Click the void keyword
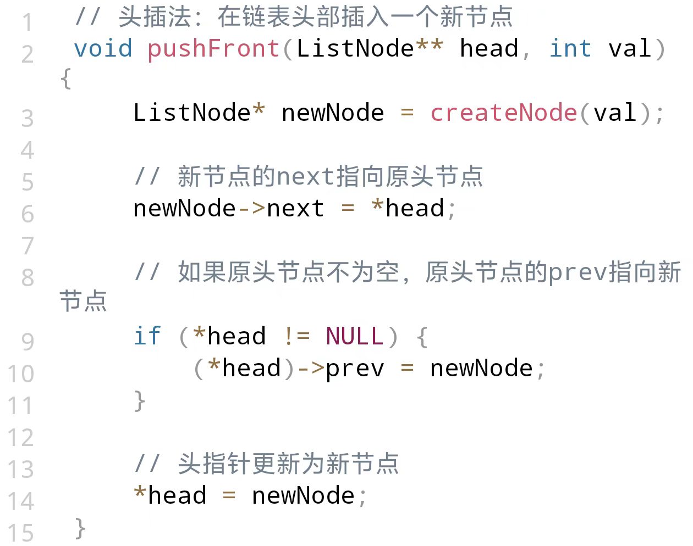(x=103, y=49)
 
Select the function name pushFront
(x=213, y=49)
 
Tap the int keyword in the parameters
(x=570, y=49)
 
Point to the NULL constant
(x=354, y=336)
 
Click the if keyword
(x=147, y=336)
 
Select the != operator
(x=296, y=336)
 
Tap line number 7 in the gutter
(x=28, y=246)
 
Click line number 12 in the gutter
(x=21, y=437)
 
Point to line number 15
(x=21, y=533)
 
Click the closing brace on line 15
(x=80, y=528)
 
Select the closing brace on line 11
(x=140, y=401)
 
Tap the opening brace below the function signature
(x=65, y=79)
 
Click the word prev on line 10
(x=355, y=369)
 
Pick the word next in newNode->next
(x=295, y=209)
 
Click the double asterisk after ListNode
(x=429, y=46)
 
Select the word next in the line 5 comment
(x=305, y=177)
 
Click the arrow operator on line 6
(x=251, y=209)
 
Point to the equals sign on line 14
(x=229, y=496)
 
